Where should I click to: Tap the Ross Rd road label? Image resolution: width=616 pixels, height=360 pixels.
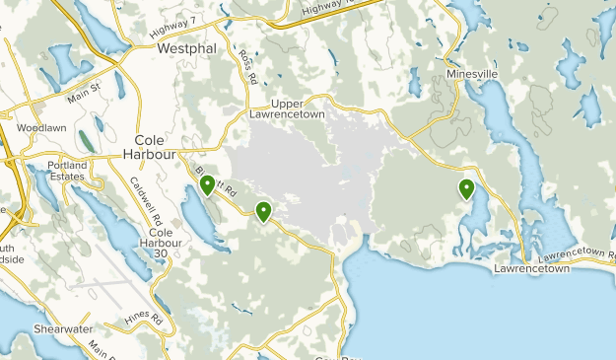[246, 65]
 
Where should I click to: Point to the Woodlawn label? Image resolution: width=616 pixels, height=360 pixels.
[40, 128]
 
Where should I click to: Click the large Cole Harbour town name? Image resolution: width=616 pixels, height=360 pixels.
[150, 147]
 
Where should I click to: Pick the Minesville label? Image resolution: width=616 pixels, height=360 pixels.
[472, 74]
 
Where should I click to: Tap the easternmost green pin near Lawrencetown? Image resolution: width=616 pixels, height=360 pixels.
[466, 188]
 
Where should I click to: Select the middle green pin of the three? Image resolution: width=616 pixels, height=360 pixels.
[263, 210]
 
